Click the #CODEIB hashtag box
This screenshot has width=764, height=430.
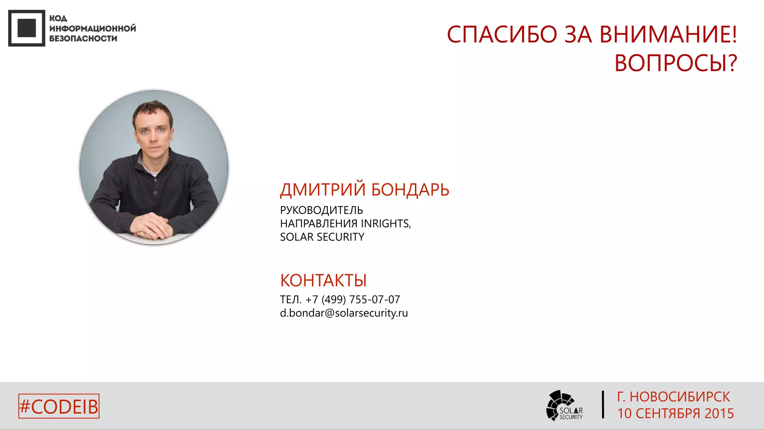59,406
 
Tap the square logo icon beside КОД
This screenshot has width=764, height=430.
26,28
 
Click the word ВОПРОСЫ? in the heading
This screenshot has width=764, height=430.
676,63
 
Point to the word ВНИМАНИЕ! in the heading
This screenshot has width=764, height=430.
668,35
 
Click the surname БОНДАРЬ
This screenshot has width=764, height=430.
410,190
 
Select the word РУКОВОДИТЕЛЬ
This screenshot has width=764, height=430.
321,210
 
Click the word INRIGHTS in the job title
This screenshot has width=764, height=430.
385,224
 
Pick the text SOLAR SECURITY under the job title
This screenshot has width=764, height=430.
322,237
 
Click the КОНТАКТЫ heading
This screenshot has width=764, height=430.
323,280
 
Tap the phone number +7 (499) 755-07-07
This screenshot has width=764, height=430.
353,299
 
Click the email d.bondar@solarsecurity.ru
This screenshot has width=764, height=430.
344,313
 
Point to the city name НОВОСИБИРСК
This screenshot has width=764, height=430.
680,397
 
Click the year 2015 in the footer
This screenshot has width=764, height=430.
719,414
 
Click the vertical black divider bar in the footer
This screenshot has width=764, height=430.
603,405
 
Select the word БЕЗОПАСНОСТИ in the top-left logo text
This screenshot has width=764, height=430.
83,38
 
